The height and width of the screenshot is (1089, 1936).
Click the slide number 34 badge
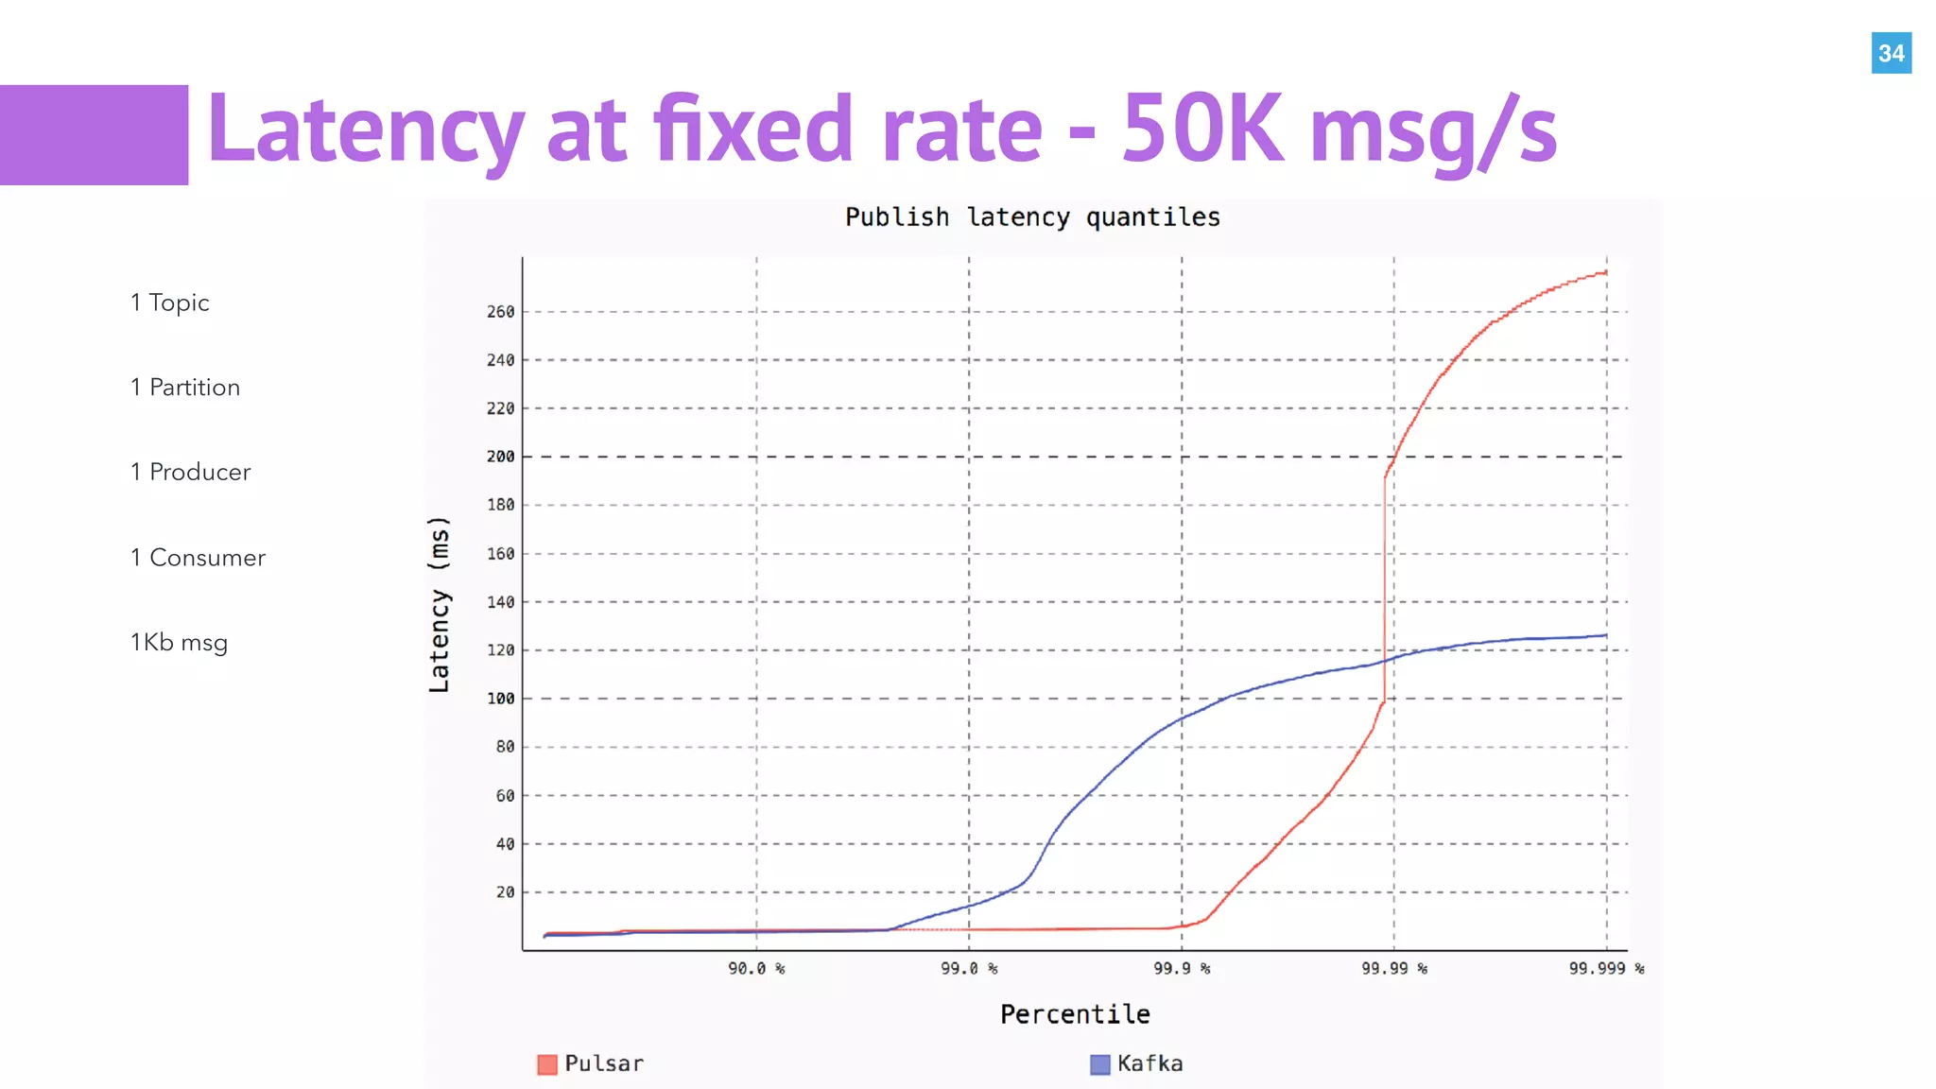[x=1891, y=53]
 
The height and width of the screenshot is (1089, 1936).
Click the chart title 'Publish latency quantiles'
[x=1032, y=217]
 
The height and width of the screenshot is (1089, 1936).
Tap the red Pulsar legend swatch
[x=547, y=1064]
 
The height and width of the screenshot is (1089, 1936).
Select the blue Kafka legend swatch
[x=1099, y=1064]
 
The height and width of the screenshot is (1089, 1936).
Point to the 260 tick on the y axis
[x=501, y=312]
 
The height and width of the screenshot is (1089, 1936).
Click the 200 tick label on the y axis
[x=501, y=457]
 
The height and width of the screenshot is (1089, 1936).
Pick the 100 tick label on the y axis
[x=501, y=699]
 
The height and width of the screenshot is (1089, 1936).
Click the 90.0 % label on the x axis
[x=756, y=969]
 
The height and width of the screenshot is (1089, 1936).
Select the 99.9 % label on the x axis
[x=1182, y=969]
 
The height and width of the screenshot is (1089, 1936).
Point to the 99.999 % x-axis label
[x=1606, y=969]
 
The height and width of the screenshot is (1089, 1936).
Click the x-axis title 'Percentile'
[x=1075, y=1014]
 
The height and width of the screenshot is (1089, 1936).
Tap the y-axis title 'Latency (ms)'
[x=440, y=604]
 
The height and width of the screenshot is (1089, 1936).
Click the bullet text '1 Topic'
[x=170, y=302]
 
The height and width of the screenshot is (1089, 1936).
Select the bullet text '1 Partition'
[x=185, y=388]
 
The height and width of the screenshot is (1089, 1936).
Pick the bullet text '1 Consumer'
[x=198, y=558]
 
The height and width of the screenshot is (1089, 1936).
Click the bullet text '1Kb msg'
[x=179, y=643]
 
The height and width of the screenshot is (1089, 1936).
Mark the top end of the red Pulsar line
[x=1605, y=272]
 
